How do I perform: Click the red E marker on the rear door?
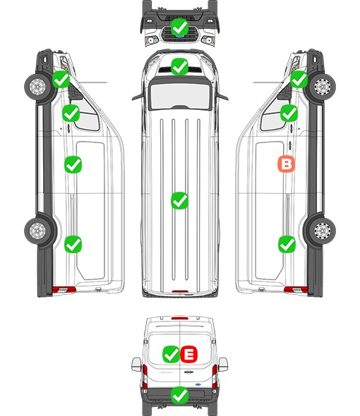189,354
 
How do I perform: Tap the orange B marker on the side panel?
286,164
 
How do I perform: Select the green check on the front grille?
179,27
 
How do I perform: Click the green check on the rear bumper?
179,396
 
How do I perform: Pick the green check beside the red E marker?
171,354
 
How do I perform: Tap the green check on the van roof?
179,200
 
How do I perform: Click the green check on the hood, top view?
179,66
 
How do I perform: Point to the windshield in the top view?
180,96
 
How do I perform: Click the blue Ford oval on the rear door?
198,384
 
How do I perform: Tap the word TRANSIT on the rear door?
166,372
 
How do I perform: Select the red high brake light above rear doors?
180,318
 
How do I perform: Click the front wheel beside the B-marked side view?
322,87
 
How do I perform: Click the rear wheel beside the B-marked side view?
322,231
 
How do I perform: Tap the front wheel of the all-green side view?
37,87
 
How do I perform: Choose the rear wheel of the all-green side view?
37,231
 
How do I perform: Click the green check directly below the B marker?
287,244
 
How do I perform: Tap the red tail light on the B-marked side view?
296,290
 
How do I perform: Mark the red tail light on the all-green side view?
64,290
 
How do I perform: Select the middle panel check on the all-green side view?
73,164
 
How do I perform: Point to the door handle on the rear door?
188,372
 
